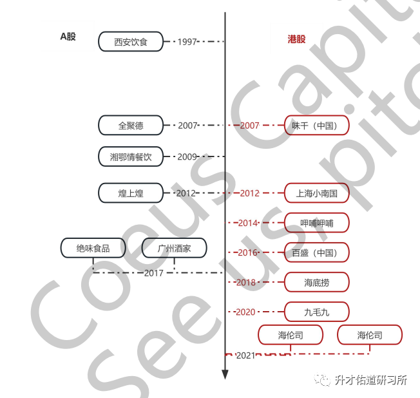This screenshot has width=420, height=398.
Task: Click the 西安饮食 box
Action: point(131,42)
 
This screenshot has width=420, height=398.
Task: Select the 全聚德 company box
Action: point(131,126)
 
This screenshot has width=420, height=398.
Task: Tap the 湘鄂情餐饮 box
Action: point(131,156)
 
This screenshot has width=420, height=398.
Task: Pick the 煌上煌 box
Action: point(131,193)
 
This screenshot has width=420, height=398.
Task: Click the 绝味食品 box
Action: point(93,248)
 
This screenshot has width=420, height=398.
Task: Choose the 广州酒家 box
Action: point(175,248)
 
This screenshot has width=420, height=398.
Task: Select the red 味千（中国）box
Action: point(317,126)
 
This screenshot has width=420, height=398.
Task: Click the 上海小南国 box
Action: point(317,193)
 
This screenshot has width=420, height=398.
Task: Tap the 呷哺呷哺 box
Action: point(317,223)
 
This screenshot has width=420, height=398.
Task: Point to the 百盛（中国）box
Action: point(317,252)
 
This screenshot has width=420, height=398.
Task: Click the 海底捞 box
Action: point(317,282)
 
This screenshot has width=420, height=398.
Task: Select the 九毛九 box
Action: point(317,312)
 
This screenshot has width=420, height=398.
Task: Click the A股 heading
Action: point(68,37)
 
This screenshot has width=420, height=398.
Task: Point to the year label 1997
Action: point(187,42)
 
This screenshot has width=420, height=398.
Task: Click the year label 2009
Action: point(187,156)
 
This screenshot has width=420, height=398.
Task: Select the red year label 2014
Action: point(248,223)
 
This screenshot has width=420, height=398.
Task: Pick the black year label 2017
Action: point(154,273)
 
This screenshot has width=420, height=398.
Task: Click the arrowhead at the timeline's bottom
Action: point(225,374)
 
